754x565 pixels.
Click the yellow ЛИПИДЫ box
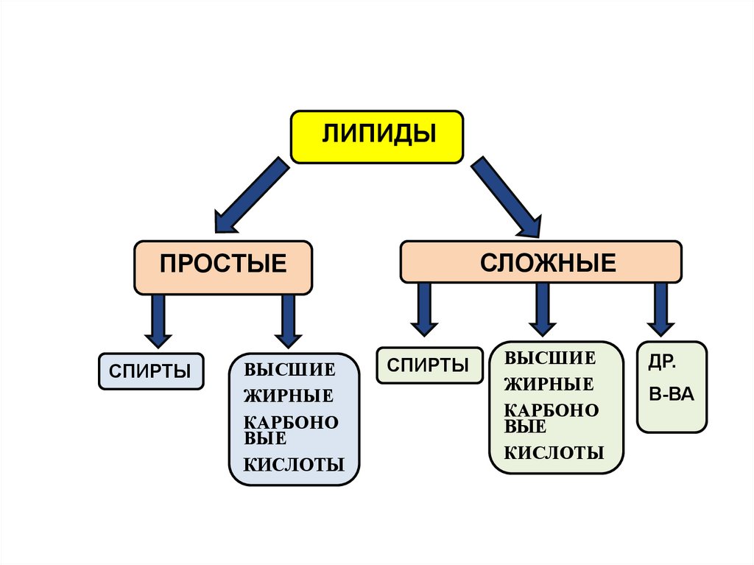(x=377, y=136)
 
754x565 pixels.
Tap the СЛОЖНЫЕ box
(x=540, y=262)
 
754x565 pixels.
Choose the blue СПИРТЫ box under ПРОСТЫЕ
(x=151, y=371)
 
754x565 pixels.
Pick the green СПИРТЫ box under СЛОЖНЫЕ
(x=429, y=365)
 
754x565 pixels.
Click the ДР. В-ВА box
(x=672, y=386)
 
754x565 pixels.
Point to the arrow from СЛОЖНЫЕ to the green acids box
(x=543, y=308)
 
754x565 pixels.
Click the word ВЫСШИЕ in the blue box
(x=289, y=369)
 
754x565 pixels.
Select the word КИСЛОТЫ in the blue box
(x=294, y=465)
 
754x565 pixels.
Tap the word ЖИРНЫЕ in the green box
(x=549, y=384)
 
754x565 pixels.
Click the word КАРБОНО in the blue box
(x=291, y=423)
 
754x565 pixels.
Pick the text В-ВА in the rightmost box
(x=672, y=393)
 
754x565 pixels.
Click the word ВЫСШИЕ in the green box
(x=549, y=359)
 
